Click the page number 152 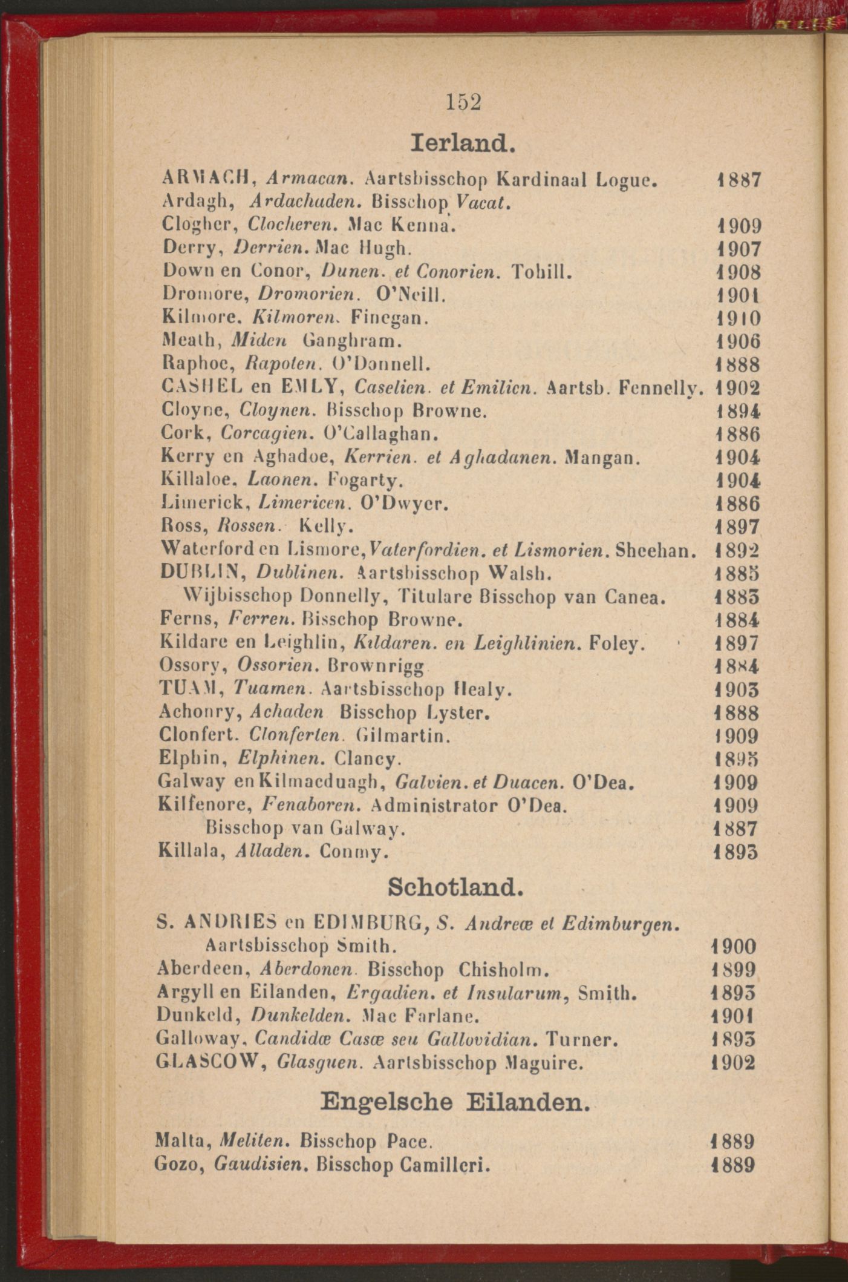464,102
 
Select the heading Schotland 454,888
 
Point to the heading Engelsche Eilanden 455,1101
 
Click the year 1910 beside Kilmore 738,318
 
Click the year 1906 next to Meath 738,342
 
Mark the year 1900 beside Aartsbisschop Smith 734,947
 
